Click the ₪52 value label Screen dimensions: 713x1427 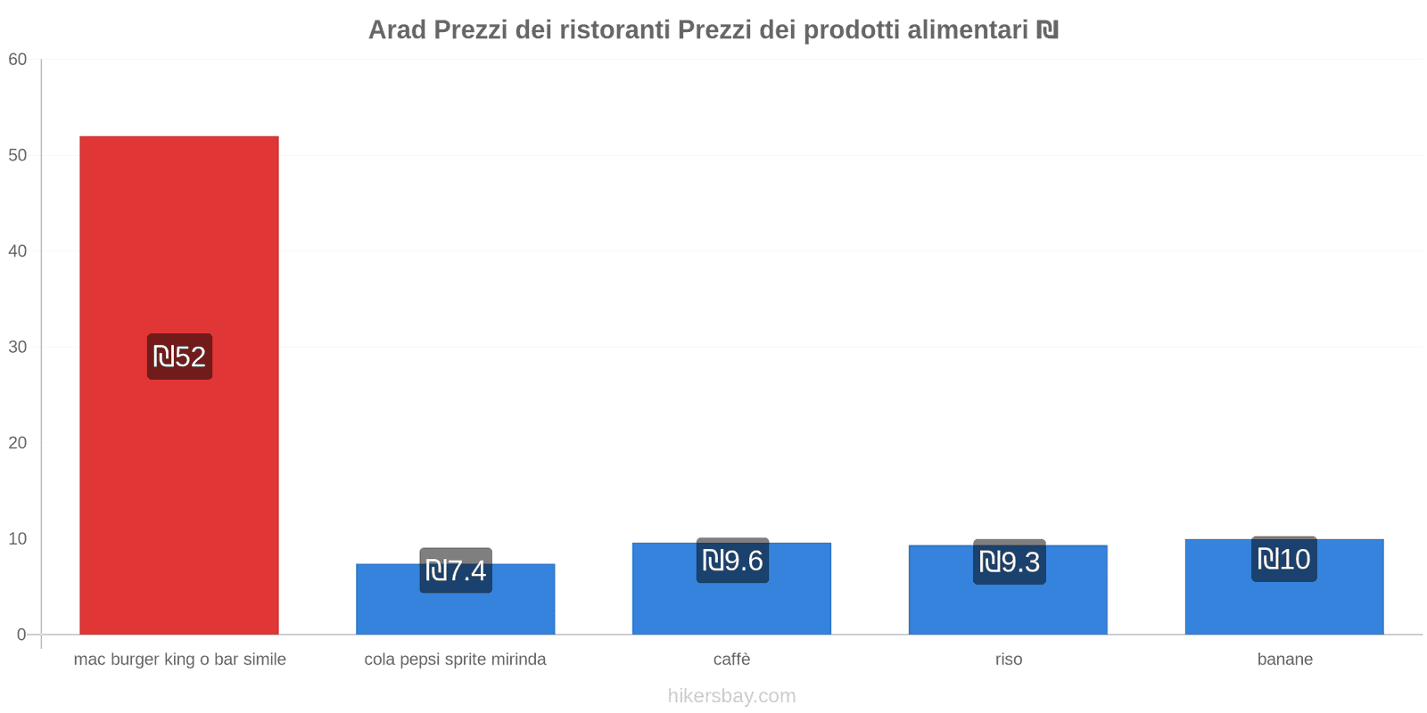179,356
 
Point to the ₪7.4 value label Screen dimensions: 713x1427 456,570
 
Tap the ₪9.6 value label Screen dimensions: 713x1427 732,561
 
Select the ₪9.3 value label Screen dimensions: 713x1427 1009,561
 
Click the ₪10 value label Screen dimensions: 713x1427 1283,559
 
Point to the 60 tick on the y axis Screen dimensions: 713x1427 18,60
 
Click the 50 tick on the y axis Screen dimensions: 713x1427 18,155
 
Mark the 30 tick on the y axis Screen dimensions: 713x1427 18,348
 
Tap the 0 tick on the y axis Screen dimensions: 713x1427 21,635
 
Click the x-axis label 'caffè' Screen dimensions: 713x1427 731,660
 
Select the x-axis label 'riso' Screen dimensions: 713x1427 1009,660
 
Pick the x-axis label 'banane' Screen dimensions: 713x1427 1284,660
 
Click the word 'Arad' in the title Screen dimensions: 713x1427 398,30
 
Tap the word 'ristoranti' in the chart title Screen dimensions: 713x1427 615,30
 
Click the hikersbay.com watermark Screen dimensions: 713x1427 731,696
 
